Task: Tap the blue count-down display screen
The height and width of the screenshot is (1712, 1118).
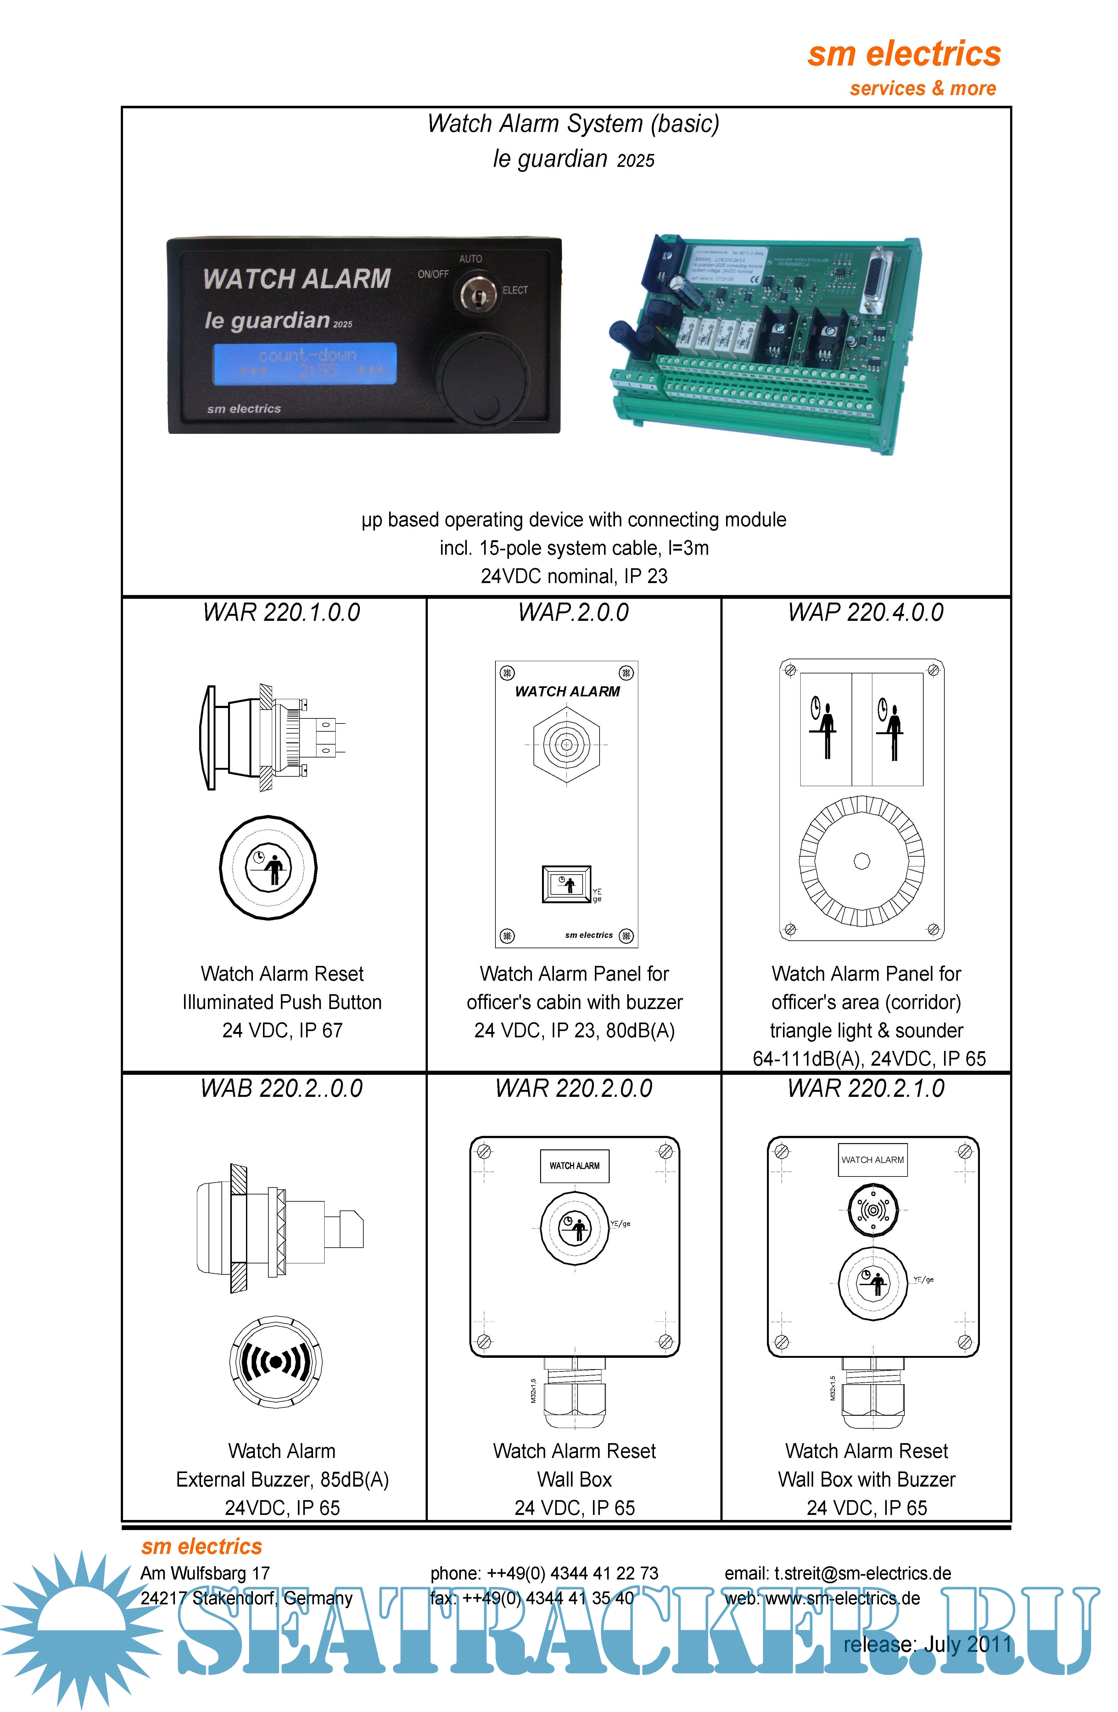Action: [x=305, y=363]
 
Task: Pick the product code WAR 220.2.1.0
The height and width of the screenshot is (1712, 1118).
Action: [x=866, y=1088]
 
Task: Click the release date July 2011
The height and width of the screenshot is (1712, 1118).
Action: [x=927, y=1644]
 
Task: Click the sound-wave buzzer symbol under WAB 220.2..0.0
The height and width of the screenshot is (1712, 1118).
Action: [x=276, y=1362]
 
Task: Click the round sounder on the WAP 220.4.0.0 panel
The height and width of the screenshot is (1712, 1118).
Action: [x=861, y=861]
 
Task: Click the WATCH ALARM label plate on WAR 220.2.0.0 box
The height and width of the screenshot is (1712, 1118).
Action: [x=574, y=1165]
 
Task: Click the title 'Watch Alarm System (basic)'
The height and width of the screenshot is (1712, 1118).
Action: [x=573, y=124]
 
